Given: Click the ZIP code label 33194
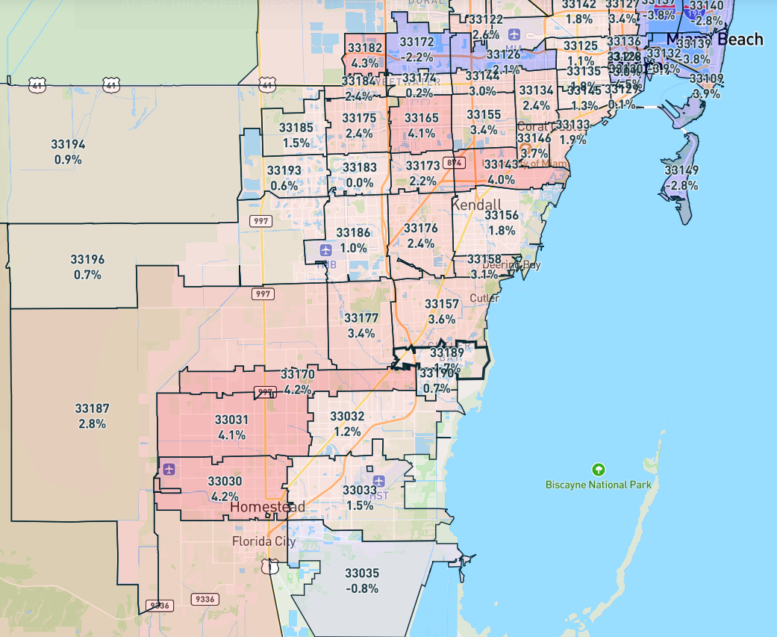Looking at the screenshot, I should point(69,144).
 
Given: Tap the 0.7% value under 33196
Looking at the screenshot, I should point(87,275).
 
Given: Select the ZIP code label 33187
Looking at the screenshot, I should point(92,408).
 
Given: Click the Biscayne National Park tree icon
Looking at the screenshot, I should point(598,470).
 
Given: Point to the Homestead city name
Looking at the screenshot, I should point(267,507).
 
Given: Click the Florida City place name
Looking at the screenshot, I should point(263,541).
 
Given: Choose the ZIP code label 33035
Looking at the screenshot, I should point(362,573).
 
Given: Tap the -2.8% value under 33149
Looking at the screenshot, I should point(681,185).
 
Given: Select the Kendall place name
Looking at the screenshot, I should point(476,204).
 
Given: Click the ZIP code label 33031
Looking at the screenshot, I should point(231,420).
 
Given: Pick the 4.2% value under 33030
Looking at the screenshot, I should point(225,496).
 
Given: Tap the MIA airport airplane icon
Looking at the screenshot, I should point(514,34).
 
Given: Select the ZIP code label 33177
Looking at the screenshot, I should point(361,318).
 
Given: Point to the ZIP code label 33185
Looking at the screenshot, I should point(296,128).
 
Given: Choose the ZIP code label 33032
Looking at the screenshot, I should point(347,416).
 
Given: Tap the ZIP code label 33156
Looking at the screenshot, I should point(502,216).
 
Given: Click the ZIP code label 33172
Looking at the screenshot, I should point(416,42).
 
